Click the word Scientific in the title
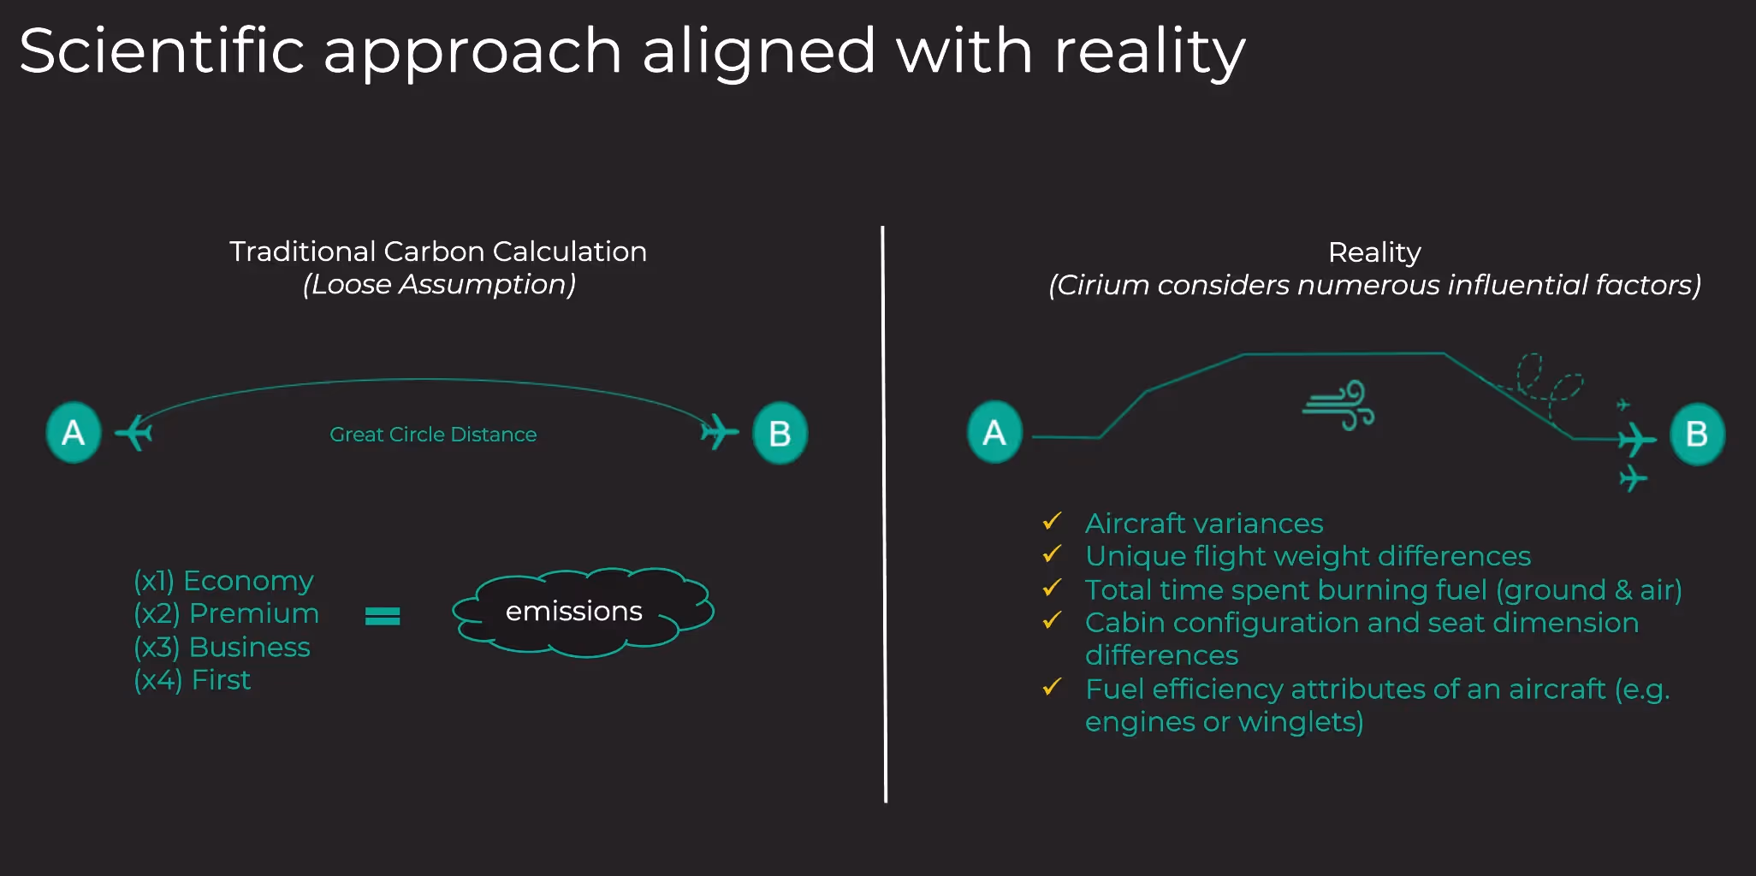pyautogui.click(x=162, y=51)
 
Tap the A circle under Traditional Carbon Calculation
pyautogui.click(x=74, y=433)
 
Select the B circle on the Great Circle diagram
pyautogui.click(x=780, y=434)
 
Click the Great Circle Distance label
pyautogui.click(x=433, y=435)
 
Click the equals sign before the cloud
pyautogui.click(x=383, y=616)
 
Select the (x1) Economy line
pyautogui.click(x=223, y=581)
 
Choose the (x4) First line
pyautogui.click(x=193, y=680)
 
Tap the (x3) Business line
pyautogui.click(x=222, y=648)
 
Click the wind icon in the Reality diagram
pyautogui.click(x=1339, y=405)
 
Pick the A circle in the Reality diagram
pyautogui.click(x=994, y=432)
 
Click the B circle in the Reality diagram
pyautogui.click(x=1697, y=435)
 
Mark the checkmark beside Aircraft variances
pyautogui.click(x=1052, y=521)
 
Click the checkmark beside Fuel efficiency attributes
pyautogui.click(x=1052, y=687)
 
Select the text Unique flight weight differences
pyautogui.click(x=1308, y=556)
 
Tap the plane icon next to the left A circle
pyautogui.click(x=133, y=432)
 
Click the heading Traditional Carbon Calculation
pyautogui.click(x=438, y=252)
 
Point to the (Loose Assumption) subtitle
pyautogui.click(x=439, y=284)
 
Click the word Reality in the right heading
pyautogui.click(x=1374, y=252)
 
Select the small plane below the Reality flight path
pyautogui.click(x=1633, y=477)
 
